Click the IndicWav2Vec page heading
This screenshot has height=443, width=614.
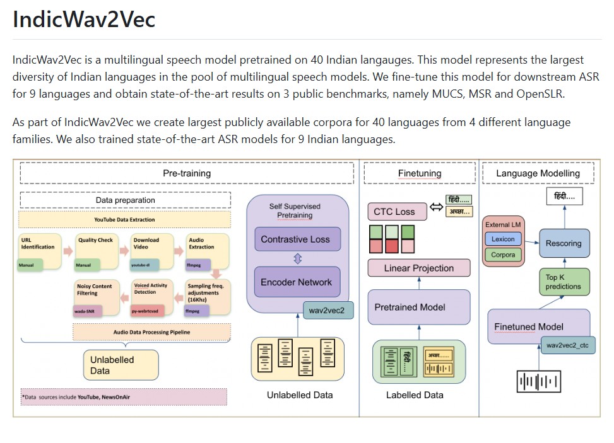[x=84, y=20]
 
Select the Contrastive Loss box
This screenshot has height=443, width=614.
[x=296, y=239]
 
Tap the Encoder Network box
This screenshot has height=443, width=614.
[x=296, y=282]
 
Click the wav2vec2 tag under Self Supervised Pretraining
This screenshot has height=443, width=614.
[x=327, y=311]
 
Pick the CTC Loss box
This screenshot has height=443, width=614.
[x=396, y=212]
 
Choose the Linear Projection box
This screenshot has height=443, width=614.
[x=419, y=268]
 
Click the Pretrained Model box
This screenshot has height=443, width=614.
[x=418, y=308]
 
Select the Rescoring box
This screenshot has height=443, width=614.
[x=564, y=243]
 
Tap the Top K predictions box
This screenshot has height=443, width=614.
[x=564, y=282]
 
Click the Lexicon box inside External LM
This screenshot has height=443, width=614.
[x=503, y=239]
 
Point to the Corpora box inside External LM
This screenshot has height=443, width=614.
[x=503, y=255]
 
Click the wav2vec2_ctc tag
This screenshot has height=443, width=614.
[x=569, y=346]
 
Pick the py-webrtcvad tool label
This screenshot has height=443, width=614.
[x=148, y=311]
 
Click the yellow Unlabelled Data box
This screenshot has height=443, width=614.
[x=121, y=365]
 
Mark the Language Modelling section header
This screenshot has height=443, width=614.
[x=538, y=173]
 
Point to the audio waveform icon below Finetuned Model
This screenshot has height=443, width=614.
[x=539, y=381]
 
